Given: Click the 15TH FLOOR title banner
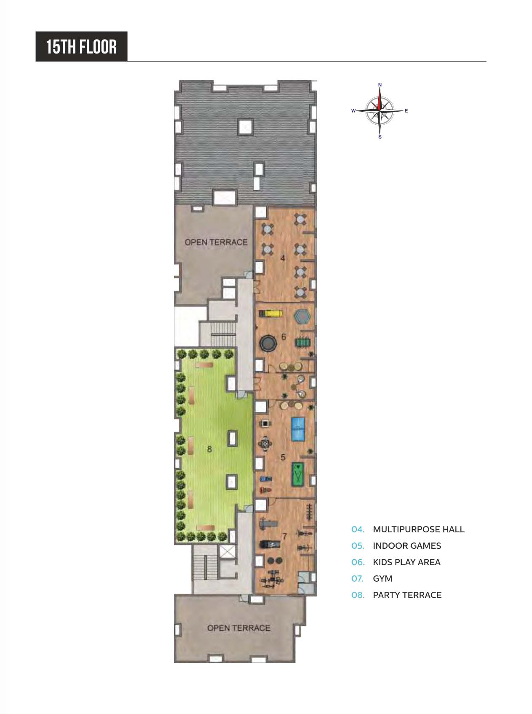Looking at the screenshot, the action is [81, 46].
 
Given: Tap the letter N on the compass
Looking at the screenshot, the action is [380, 85].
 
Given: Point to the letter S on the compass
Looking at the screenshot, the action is [380, 137].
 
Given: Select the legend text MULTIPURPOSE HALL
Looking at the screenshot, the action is [418, 529].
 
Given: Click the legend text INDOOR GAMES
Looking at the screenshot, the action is [407, 546].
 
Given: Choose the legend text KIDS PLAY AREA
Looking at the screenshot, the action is [406, 562].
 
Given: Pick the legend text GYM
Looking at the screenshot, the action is [382, 579].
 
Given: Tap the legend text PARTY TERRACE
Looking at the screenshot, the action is [407, 595].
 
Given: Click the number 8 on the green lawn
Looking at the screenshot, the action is [209, 449].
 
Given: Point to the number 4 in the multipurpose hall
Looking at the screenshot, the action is [283, 258].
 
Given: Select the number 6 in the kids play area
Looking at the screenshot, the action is [283, 337].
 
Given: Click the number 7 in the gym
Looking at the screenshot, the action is [285, 537].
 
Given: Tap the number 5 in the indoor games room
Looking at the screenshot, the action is [283, 457].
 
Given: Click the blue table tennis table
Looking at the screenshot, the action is [300, 429].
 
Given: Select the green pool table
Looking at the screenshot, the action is [299, 474].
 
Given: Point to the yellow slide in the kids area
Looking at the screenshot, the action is [270, 313].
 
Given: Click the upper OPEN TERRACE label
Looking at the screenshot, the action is [216, 242].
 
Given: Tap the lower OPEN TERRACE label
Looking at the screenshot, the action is [238, 628].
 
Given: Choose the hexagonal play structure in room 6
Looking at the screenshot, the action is [301, 316].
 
